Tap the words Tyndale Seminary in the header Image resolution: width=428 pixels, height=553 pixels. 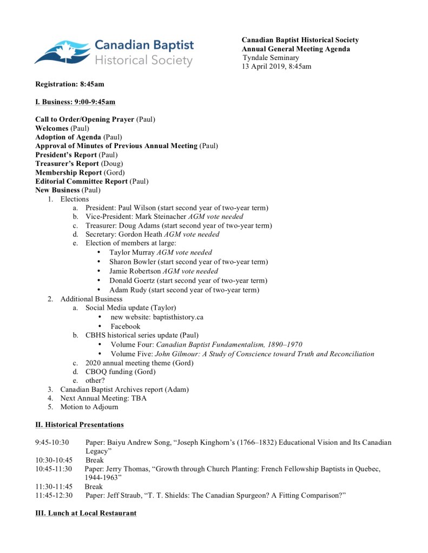point(271,58)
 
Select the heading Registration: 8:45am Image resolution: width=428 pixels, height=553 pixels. point(70,84)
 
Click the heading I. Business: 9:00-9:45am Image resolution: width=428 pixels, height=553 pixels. point(75,102)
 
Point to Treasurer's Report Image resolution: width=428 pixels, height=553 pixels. point(67,163)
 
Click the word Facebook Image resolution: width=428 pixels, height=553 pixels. point(125,326)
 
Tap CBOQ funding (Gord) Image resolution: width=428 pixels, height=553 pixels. point(120,371)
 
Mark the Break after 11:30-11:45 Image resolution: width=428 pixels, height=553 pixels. point(94,487)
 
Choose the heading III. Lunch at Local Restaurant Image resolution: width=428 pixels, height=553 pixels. point(86,512)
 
